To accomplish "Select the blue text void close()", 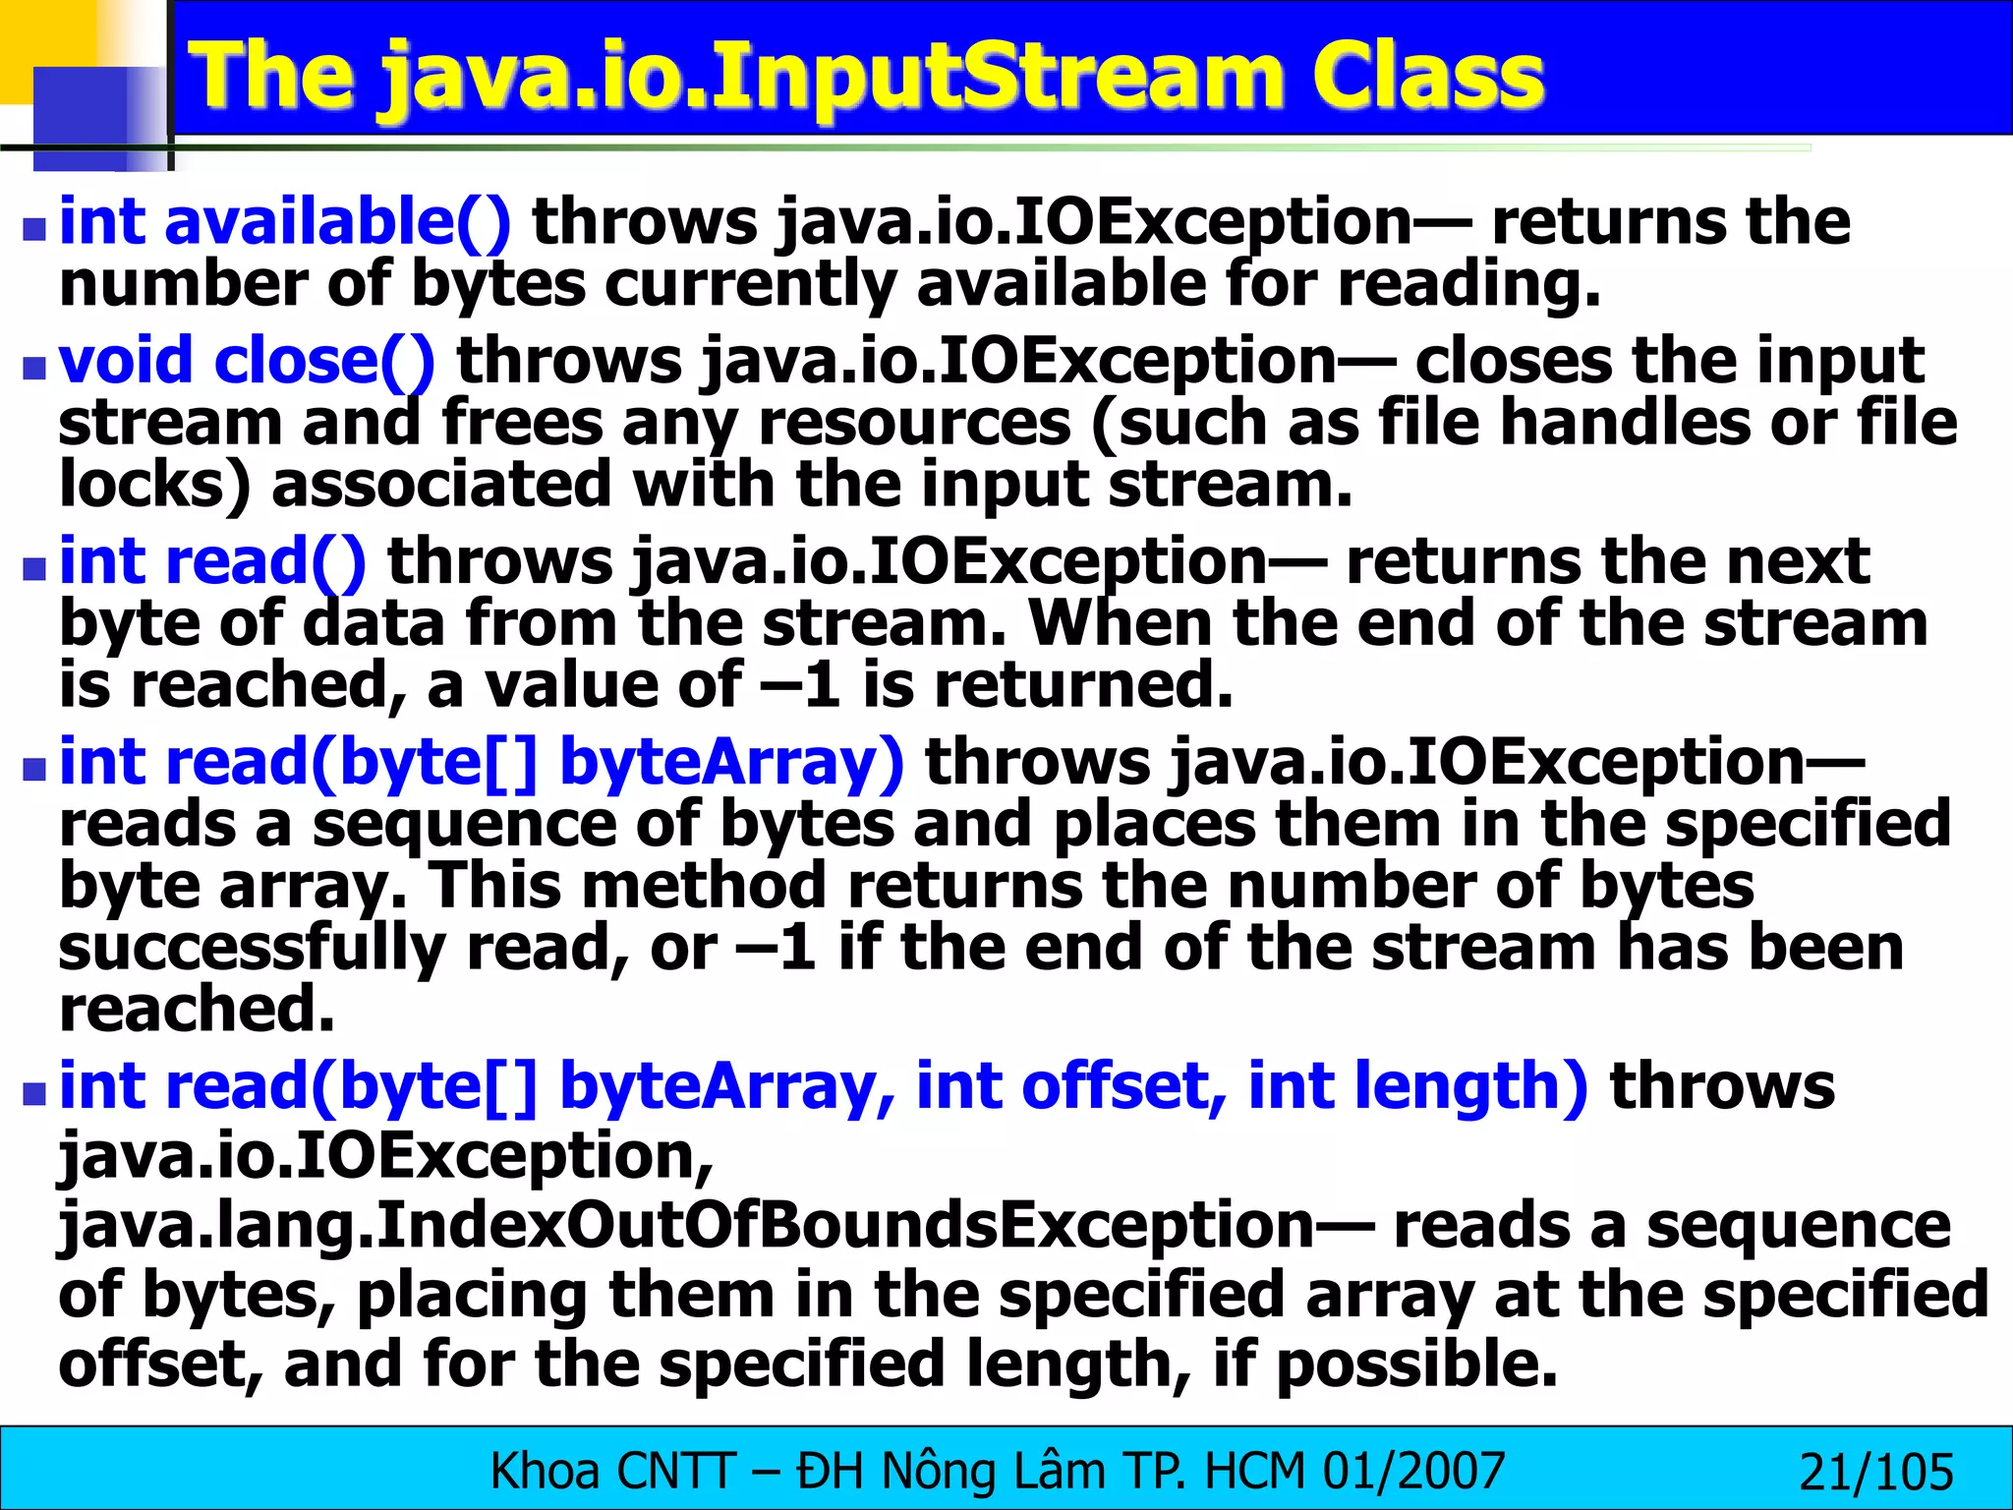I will click(x=246, y=361).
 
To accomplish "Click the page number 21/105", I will click(x=1875, y=1472).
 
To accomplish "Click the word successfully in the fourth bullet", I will click(x=252, y=948).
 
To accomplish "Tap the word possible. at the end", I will click(x=1416, y=1365).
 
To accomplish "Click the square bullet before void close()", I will click(x=35, y=369).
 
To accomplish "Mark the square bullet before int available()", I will click(x=35, y=230).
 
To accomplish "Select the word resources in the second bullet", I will click(x=914, y=424).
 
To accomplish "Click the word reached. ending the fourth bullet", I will click(x=197, y=1011).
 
